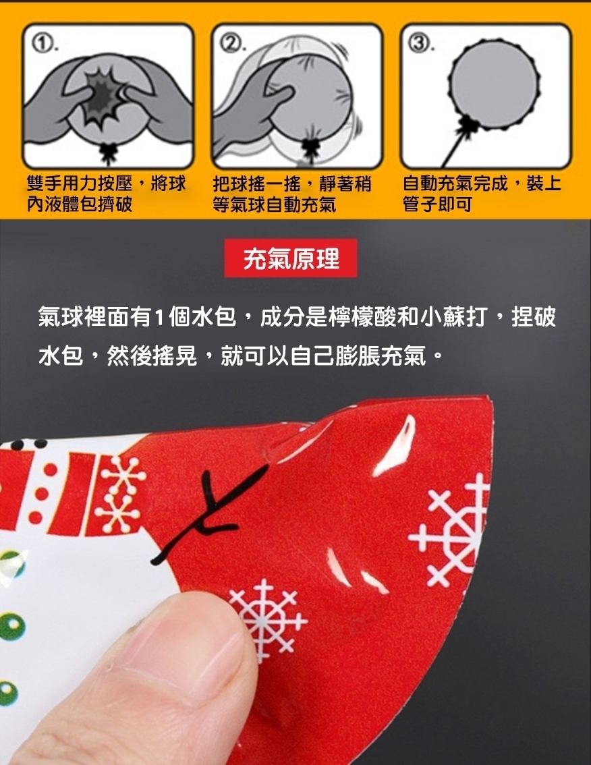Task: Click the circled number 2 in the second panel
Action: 231,45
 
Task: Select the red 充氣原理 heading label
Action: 291,258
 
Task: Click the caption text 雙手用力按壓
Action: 80,184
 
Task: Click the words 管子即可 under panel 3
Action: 437,204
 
